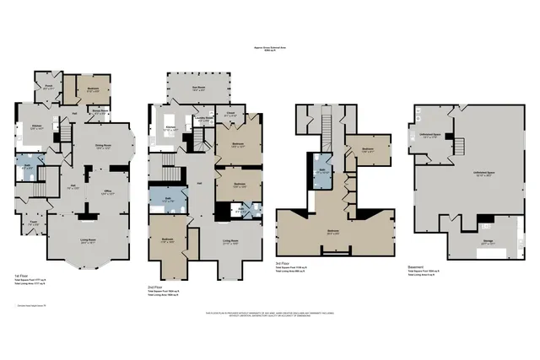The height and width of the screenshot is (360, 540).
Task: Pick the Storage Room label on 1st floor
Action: point(100,110)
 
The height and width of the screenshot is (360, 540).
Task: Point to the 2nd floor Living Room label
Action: point(229,241)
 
